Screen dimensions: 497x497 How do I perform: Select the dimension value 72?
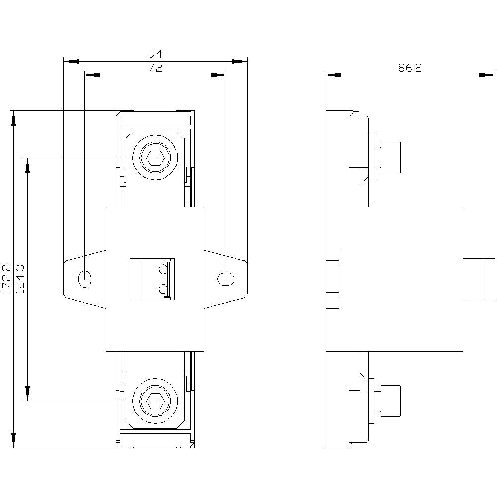(x=155, y=68)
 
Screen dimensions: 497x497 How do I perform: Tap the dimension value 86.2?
(x=410, y=68)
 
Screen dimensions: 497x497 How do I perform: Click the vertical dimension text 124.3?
(x=21, y=279)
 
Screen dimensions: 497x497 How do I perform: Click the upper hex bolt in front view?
(x=155, y=158)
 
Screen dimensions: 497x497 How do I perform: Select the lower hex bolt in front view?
(x=155, y=401)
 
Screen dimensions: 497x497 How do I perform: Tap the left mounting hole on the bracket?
(x=85, y=279)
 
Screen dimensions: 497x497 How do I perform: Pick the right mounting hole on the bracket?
(x=225, y=279)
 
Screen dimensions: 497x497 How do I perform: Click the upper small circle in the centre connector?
(x=163, y=270)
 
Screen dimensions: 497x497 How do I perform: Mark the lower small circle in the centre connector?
(x=163, y=289)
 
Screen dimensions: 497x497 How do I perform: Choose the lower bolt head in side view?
(x=389, y=401)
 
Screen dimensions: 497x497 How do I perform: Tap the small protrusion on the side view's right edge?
(x=479, y=279)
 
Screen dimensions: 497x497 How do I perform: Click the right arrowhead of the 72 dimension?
(x=219, y=75)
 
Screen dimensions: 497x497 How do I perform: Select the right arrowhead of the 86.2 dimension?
(x=488, y=75)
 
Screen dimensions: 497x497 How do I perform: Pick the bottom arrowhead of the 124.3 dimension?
(x=27, y=393)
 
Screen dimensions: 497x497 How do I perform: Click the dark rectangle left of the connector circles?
(x=139, y=279)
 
